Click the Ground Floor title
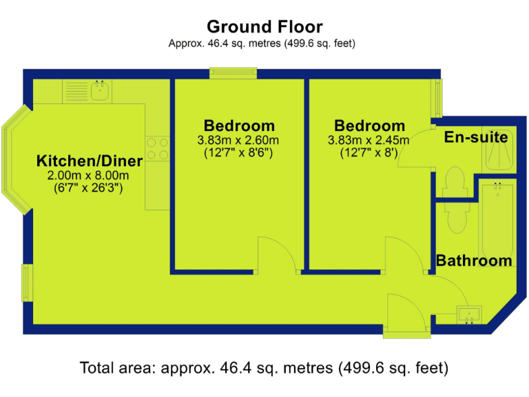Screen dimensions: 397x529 [x=264, y=27]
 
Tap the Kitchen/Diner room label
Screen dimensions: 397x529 [x=89, y=161]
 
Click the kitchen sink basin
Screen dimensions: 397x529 [x=101, y=90]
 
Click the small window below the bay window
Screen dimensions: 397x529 [x=27, y=283]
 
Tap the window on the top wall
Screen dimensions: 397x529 [x=233, y=71]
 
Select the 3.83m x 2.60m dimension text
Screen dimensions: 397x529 [x=238, y=140]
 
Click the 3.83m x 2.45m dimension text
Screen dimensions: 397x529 [x=369, y=140]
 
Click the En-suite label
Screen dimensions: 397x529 [x=476, y=137]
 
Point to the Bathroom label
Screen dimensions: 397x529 [x=474, y=261]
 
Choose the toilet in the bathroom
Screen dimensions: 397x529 [x=456, y=216]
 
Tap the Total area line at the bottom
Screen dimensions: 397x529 [x=264, y=367]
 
